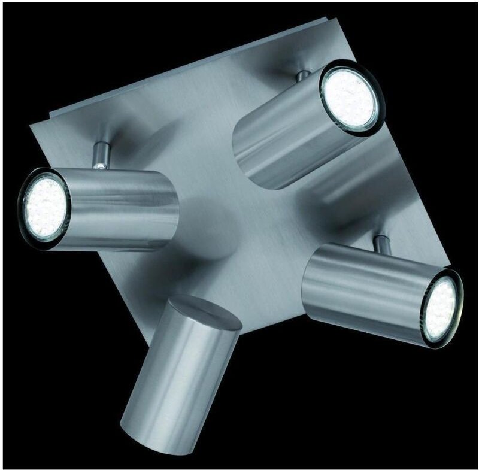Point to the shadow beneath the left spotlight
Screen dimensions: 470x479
tap(150, 263)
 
